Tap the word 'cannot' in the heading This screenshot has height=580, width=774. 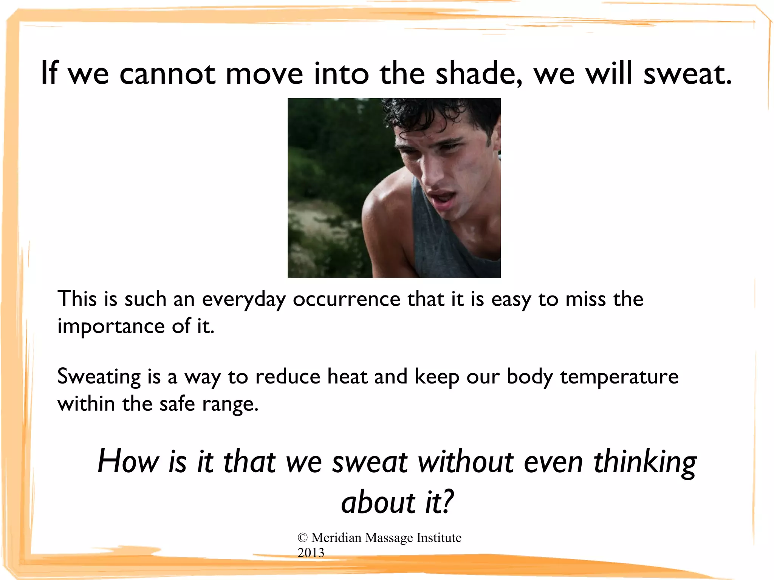[167, 74]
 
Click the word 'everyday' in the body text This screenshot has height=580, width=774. [244, 300]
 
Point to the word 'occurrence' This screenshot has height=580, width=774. [346, 300]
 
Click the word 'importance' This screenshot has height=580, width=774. [111, 326]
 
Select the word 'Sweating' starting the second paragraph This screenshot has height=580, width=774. [99, 377]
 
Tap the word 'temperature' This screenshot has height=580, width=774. [619, 377]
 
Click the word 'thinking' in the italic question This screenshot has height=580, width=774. [645, 462]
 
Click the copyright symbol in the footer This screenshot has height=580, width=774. [302, 538]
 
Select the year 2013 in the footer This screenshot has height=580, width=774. [311, 553]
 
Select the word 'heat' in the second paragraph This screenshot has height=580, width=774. [347, 377]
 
